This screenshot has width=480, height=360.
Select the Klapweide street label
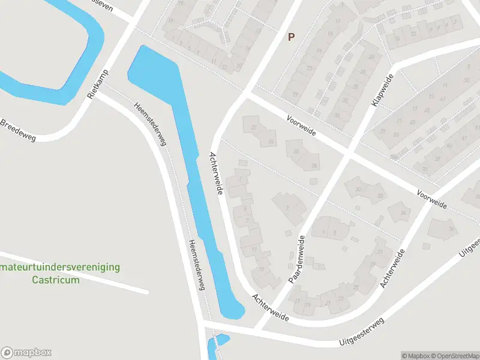[x=382, y=90]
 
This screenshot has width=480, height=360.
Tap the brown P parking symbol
[x=292, y=37]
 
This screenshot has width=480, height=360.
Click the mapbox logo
[x=26, y=353]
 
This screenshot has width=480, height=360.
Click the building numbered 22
[x=254, y=128]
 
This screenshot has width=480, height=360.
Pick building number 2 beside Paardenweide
[x=288, y=206]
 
